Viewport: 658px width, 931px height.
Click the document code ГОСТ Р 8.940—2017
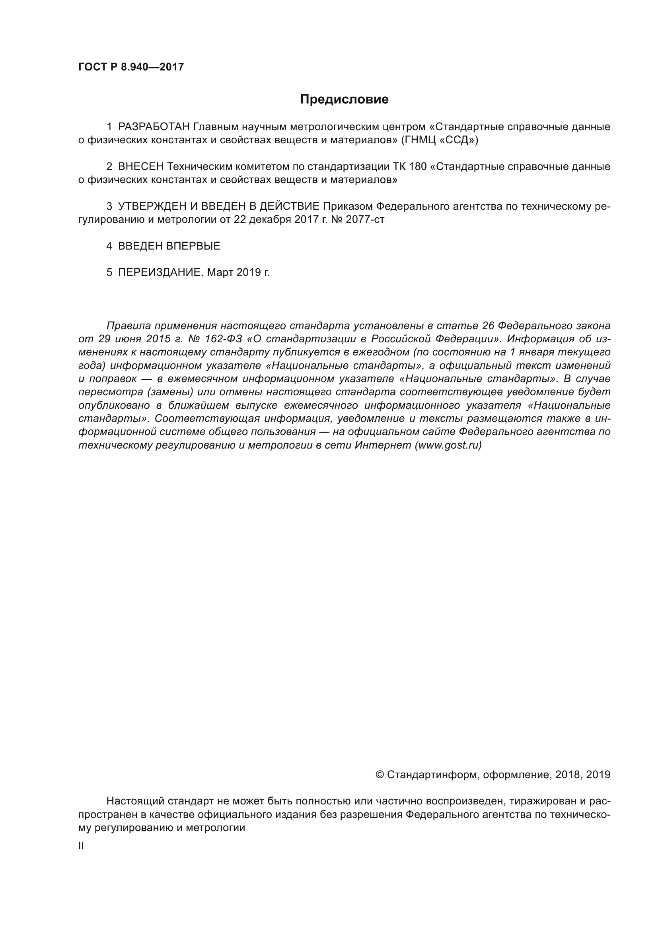point(131,67)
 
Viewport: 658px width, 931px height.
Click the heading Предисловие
point(344,100)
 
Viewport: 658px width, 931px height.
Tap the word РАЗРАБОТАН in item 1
point(154,127)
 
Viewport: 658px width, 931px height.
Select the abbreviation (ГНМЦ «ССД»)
point(440,140)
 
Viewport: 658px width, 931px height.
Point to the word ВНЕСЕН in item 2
point(140,167)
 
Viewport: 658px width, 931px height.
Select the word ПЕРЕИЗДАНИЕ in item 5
point(160,273)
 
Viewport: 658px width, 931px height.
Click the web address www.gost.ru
point(448,445)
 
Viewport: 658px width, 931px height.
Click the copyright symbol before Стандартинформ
point(379,775)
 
